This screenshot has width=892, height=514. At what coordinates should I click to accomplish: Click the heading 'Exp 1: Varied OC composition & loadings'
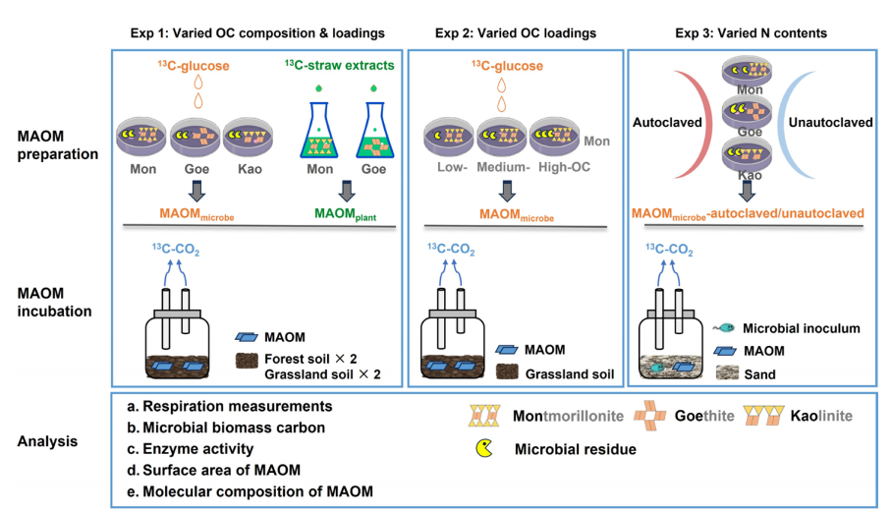click(256, 32)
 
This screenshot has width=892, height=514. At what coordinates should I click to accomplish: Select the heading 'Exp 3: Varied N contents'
click(751, 32)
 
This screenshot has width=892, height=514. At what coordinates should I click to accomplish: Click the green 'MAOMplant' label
click(336, 211)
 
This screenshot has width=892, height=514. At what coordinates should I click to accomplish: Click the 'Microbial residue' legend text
click(575, 451)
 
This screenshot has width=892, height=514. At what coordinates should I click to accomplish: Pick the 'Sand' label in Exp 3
click(761, 373)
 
